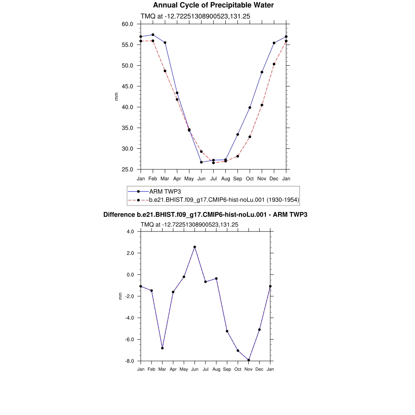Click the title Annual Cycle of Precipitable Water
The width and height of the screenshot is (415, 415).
(x=213, y=5)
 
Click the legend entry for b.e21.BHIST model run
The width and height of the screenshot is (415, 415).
(x=224, y=200)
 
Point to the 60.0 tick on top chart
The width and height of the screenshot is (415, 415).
(x=128, y=24)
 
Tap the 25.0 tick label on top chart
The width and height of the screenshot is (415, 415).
(x=128, y=169)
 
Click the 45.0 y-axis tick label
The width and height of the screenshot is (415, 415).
(x=128, y=86)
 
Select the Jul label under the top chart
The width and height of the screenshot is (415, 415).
(x=213, y=178)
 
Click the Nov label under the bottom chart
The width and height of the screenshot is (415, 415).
(x=248, y=369)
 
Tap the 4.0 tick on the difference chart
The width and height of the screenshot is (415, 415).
(x=130, y=232)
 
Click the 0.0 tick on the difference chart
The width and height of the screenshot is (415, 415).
(x=130, y=275)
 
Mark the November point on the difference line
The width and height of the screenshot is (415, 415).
(x=248, y=360)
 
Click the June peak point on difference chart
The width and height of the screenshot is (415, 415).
(x=195, y=247)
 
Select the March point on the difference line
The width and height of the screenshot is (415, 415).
(x=162, y=348)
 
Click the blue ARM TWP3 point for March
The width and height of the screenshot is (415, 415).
(x=165, y=43)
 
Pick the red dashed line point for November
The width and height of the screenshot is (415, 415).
(x=262, y=105)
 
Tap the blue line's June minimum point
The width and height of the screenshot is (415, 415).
(x=201, y=162)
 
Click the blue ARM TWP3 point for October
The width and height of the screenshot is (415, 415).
(x=250, y=107)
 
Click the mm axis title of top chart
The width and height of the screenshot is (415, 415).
(x=117, y=96)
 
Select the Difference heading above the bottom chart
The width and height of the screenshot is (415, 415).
(x=205, y=214)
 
